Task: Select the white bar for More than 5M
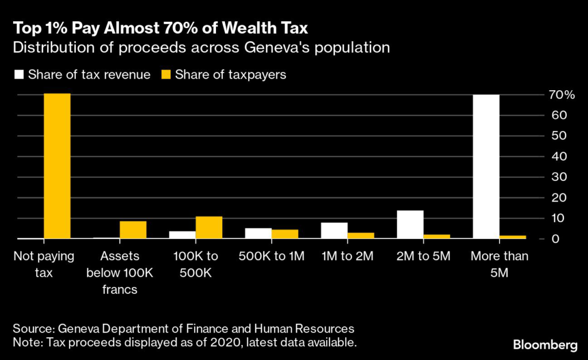(x=486, y=167)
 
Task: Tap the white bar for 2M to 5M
(x=410, y=224)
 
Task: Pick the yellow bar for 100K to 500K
(x=208, y=227)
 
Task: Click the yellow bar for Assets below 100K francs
(x=133, y=230)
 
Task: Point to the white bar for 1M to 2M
(x=334, y=230)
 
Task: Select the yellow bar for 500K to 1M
(x=285, y=234)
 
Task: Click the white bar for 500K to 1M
(x=258, y=233)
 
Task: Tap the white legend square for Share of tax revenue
(x=17, y=75)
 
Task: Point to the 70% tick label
(x=560, y=95)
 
